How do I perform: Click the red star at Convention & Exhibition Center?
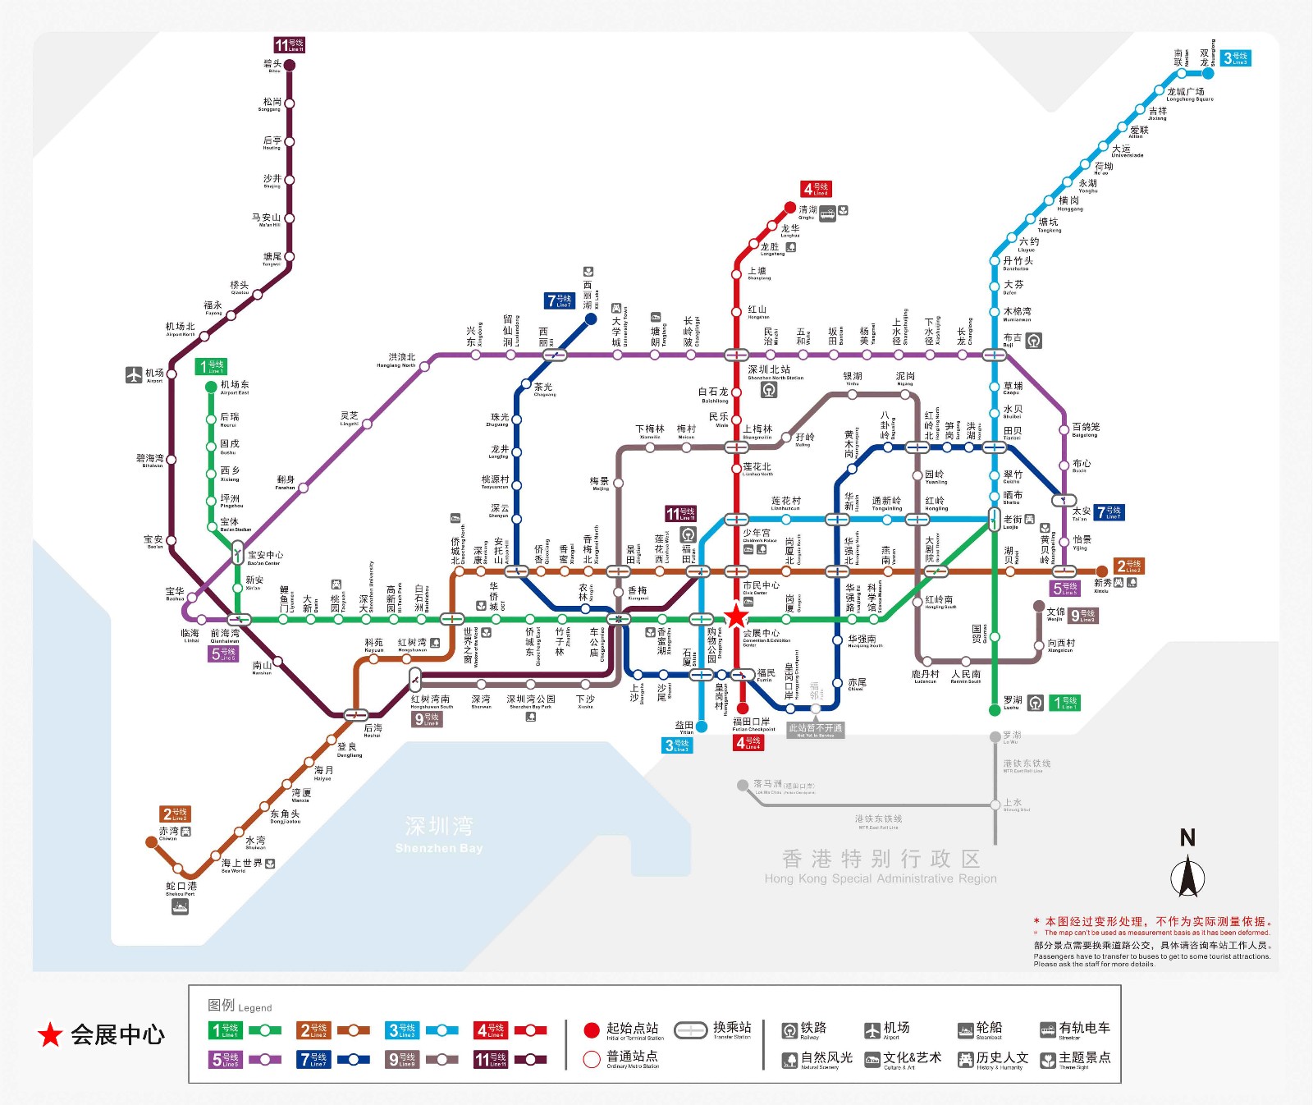click(x=736, y=616)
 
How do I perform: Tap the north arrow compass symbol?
click(x=1187, y=875)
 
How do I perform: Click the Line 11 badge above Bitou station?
click(x=289, y=45)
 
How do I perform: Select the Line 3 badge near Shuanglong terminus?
click(x=1235, y=58)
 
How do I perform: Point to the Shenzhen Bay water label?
click(x=439, y=833)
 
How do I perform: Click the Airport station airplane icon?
click(x=134, y=375)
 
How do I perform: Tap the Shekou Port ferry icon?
click(x=180, y=906)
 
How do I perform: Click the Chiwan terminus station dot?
click(x=151, y=841)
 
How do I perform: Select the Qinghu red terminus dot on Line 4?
click(x=789, y=208)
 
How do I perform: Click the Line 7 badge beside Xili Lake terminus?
click(x=560, y=300)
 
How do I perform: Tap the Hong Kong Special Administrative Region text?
click(x=881, y=865)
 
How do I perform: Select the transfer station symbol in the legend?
click(x=690, y=1029)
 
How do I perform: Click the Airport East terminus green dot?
click(x=212, y=387)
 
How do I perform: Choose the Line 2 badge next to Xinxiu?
click(x=1129, y=566)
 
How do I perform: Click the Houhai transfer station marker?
click(x=355, y=714)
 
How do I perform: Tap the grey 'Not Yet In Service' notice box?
click(x=815, y=729)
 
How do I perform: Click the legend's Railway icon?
click(x=789, y=1030)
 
